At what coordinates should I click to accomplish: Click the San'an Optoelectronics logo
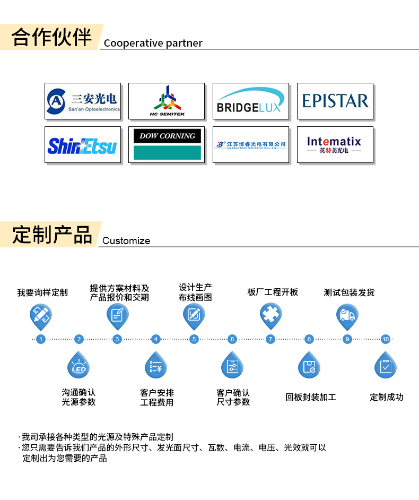click(x=83, y=101)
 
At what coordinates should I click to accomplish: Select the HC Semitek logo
click(x=167, y=101)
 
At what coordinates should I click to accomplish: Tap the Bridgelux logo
click(x=250, y=101)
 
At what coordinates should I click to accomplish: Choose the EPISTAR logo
click(x=335, y=101)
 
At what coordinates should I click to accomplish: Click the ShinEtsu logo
click(x=83, y=145)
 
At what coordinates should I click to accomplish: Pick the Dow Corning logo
click(x=167, y=145)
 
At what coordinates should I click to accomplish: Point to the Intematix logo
click(x=335, y=145)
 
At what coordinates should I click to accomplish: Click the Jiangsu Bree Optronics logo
click(x=250, y=145)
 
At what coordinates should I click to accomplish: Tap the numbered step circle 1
click(x=41, y=339)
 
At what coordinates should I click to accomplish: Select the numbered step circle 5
click(x=194, y=339)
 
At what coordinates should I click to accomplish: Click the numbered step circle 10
click(x=386, y=339)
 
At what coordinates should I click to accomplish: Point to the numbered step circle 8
click(x=309, y=339)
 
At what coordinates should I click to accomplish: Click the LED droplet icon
click(x=78, y=366)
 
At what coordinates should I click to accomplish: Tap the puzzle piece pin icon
click(x=270, y=315)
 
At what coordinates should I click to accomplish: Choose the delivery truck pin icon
click(x=347, y=315)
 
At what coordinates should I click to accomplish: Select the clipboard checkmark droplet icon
click(x=386, y=366)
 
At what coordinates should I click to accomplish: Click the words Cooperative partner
click(x=153, y=43)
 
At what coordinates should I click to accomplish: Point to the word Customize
click(x=126, y=240)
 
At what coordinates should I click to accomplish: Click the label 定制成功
click(x=386, y=397)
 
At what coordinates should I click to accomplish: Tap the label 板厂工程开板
click(x=273, y=292)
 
